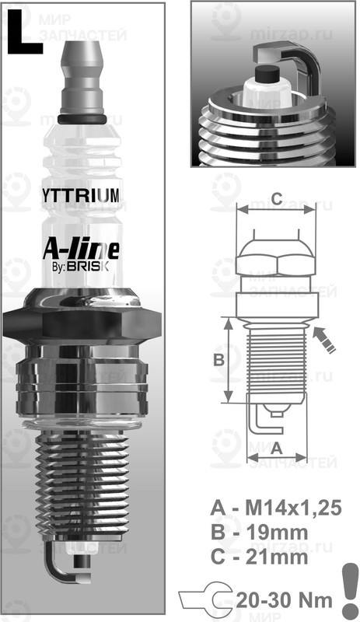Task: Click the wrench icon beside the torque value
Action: pyautogui.click(x=202, y=599)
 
